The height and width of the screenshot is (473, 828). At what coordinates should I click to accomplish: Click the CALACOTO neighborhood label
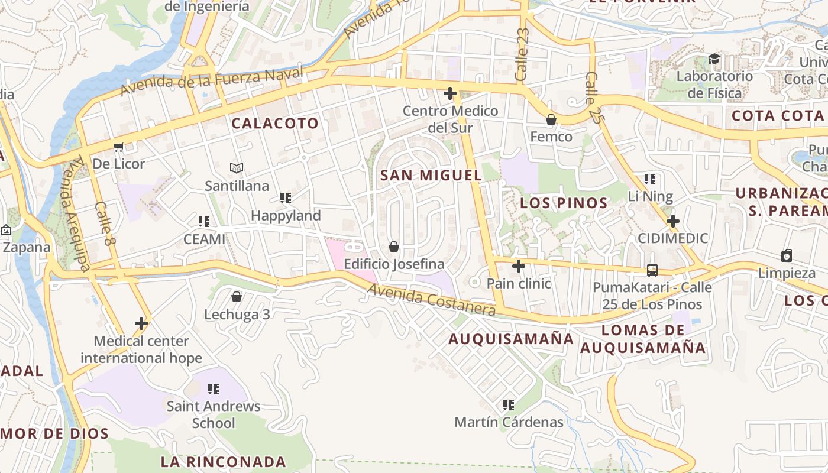(x=275, y=124)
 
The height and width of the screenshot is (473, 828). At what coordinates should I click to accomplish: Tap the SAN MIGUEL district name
(x=431, y=175)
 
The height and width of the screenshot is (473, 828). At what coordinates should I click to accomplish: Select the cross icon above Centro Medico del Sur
(x=450, y=93)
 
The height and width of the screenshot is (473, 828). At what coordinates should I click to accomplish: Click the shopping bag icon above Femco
(x=551, y=119)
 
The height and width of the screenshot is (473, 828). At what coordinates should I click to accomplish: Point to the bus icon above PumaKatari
(x=652, y=270)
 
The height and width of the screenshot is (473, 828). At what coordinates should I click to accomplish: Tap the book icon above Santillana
(x=237, y=169)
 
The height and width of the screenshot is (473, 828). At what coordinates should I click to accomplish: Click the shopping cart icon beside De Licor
(x=118, y=147)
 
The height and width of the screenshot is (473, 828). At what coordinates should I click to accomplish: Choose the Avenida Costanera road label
(x=431, y=299)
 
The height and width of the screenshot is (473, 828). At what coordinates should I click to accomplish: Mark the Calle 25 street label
(x=593, y=89)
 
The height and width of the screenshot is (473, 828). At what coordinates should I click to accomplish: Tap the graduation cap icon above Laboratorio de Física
(x=714, y=59)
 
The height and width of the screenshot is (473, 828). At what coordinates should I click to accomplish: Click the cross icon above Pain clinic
(x=519, y=266)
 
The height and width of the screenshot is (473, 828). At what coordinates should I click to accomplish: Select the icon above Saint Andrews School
(x=214, y=389)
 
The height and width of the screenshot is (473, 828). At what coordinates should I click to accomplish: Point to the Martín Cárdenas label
(x=509, y=422)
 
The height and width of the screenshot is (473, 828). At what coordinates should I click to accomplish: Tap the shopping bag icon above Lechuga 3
(x=237, y=297)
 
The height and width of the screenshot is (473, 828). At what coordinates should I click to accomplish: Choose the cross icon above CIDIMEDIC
(x=672, y=221)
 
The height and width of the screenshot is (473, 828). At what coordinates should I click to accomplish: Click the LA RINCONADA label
(x=224, y=462)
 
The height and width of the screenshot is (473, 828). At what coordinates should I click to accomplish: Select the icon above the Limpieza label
(x=787, y=255)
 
